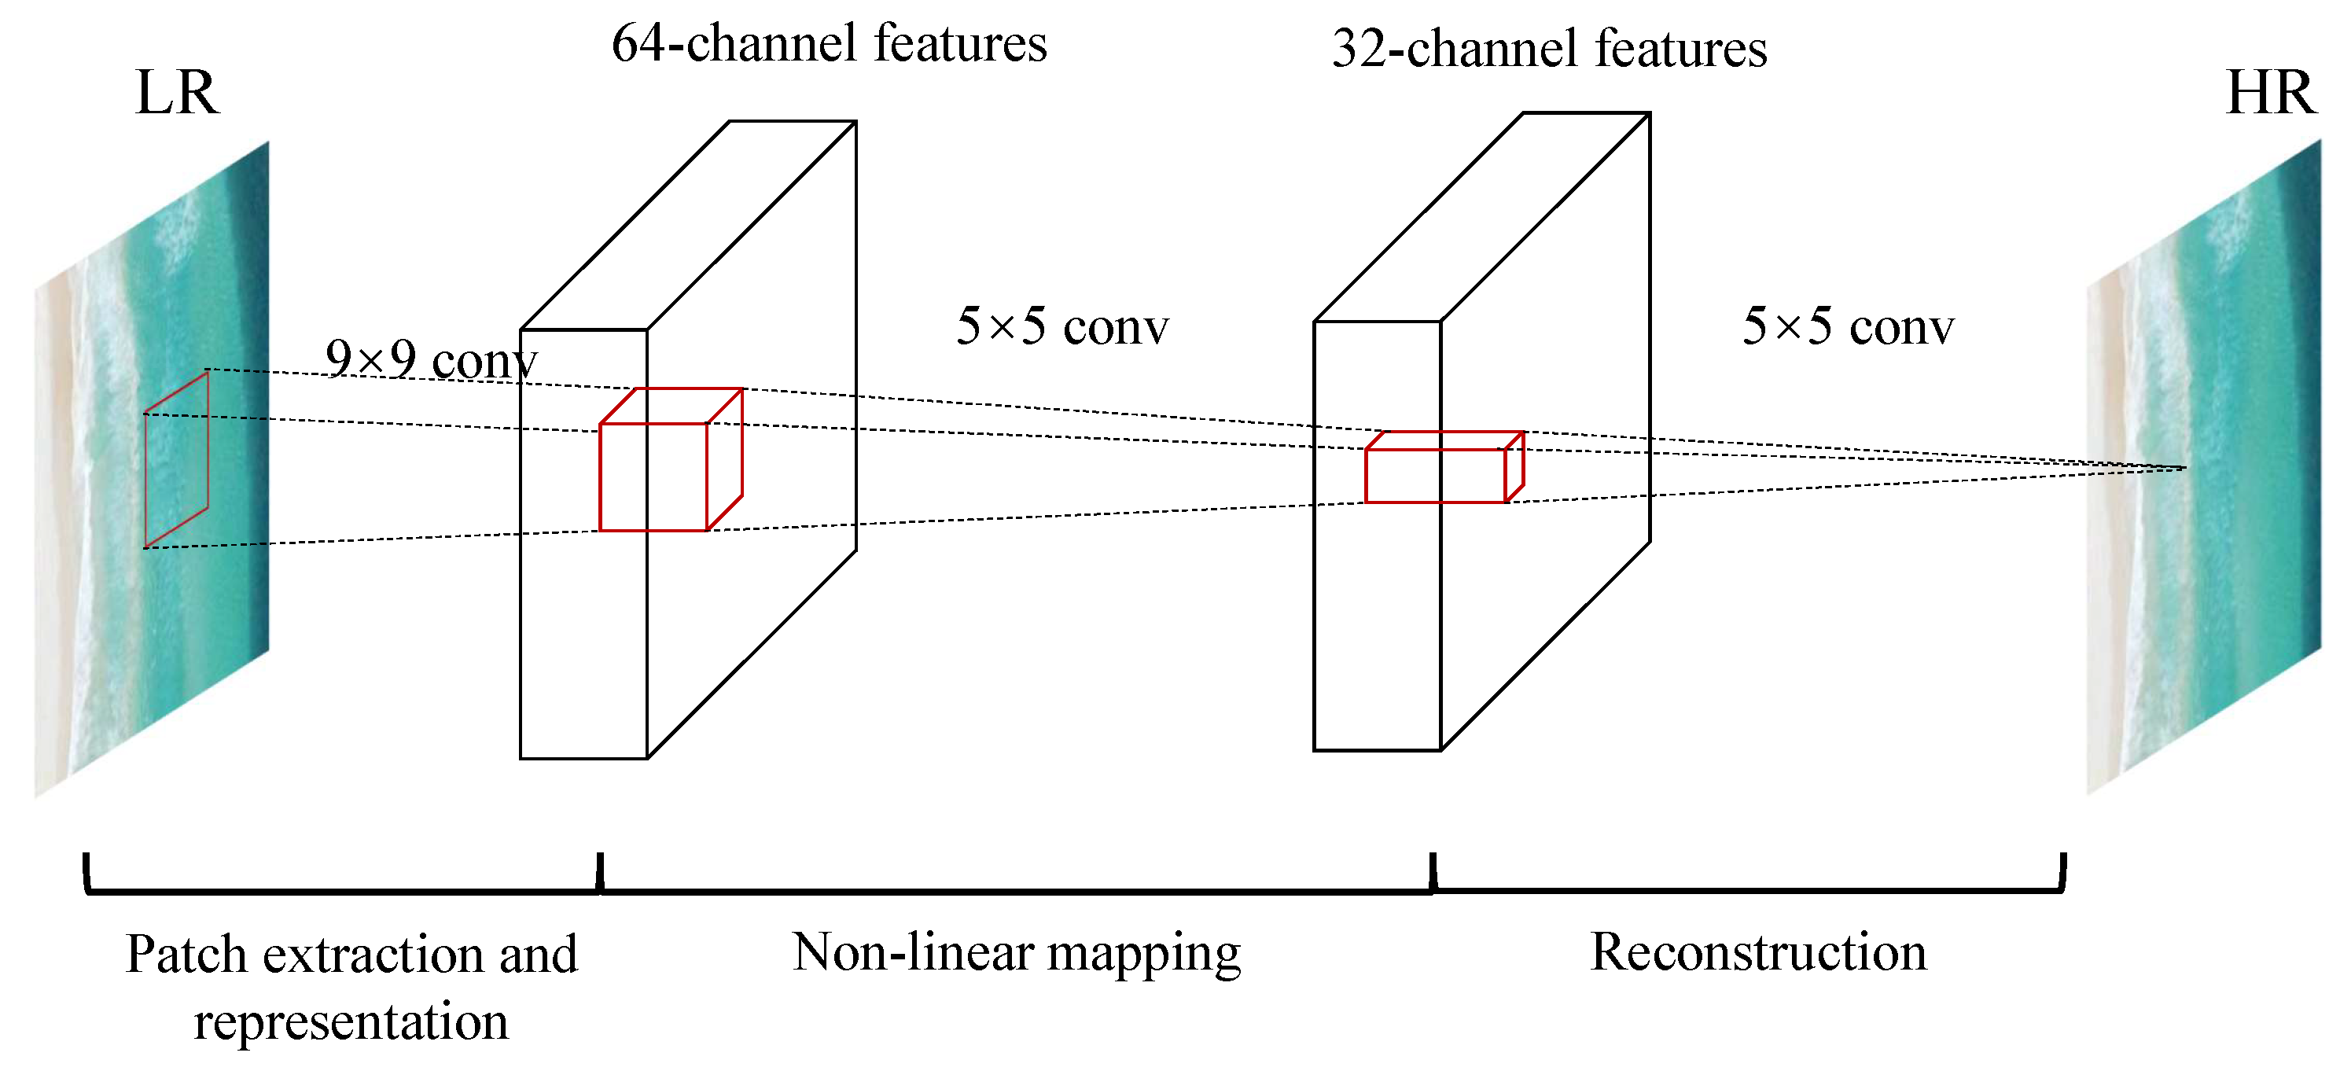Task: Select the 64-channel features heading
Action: pos(829,43)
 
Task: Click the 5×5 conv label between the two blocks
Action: pos(1062,326)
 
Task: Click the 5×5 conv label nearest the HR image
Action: pos(1848,326)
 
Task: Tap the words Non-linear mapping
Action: pos(1016,953)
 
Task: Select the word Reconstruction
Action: pos(1757,953)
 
